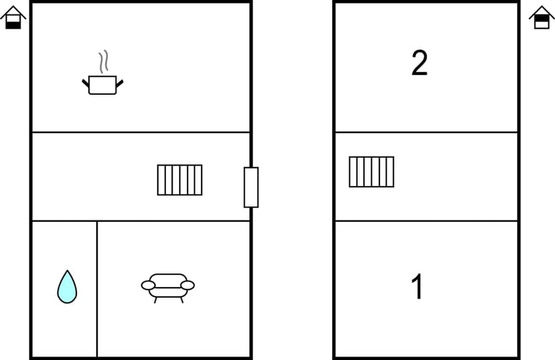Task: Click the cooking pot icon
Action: coord(103,85)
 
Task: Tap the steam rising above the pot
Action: coord(103,62)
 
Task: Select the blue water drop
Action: coord(67,287)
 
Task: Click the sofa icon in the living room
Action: coord(168,286)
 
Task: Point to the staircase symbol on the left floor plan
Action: coord(180,180)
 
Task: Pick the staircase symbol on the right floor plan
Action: coord(371,172)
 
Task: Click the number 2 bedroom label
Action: coord(419,63)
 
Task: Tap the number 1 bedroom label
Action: coord(417,287)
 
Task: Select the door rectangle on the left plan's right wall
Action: coord(251,187)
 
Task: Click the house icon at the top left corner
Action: coord(13,18)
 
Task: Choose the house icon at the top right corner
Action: coord(542,18)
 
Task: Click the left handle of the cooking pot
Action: coord(86,84)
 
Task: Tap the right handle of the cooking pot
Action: coord(120,84)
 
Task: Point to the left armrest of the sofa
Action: coord(149,285)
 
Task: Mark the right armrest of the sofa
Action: coord(187,285)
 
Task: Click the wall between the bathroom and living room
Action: coord(97,289)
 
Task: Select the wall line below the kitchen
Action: coord(141,132)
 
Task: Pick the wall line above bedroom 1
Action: coord(427,221)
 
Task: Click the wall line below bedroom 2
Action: coord(427,132)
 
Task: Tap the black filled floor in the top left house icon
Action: coord(13,24)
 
